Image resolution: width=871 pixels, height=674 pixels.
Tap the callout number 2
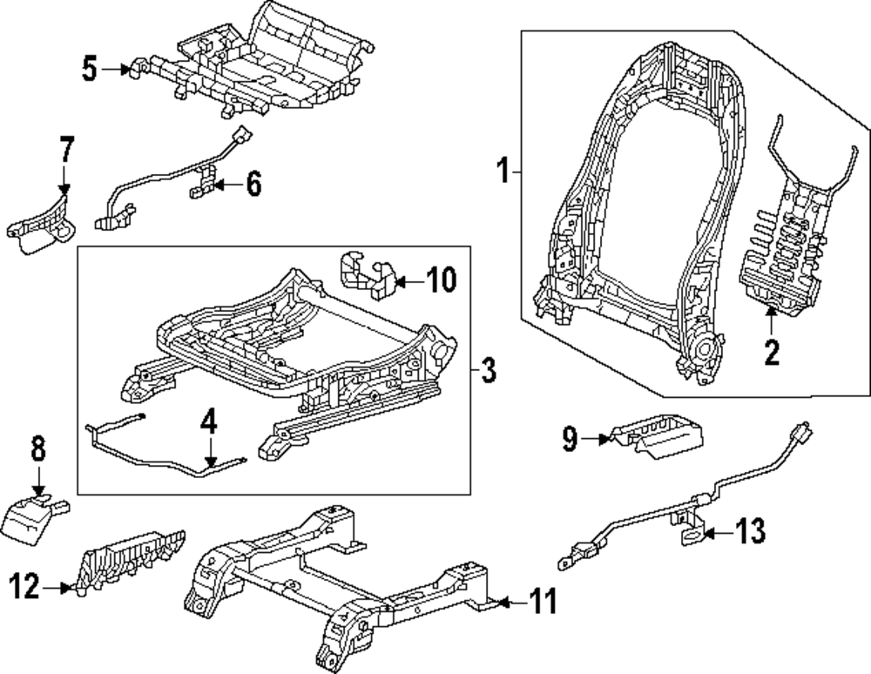pos(771,352)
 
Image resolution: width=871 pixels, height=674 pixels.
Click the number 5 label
pos(90,69)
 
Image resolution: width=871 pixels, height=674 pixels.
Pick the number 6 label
pos(253,185)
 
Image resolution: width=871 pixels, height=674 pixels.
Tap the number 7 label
pos(66,150)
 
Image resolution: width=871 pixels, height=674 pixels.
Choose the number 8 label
pos(38,452)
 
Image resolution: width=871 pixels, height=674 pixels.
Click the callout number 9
pos(570,440)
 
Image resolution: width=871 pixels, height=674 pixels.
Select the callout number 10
pos(441,280)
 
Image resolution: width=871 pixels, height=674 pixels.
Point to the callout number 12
pos(27,589)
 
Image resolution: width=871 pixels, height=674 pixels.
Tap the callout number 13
pos(751,529)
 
